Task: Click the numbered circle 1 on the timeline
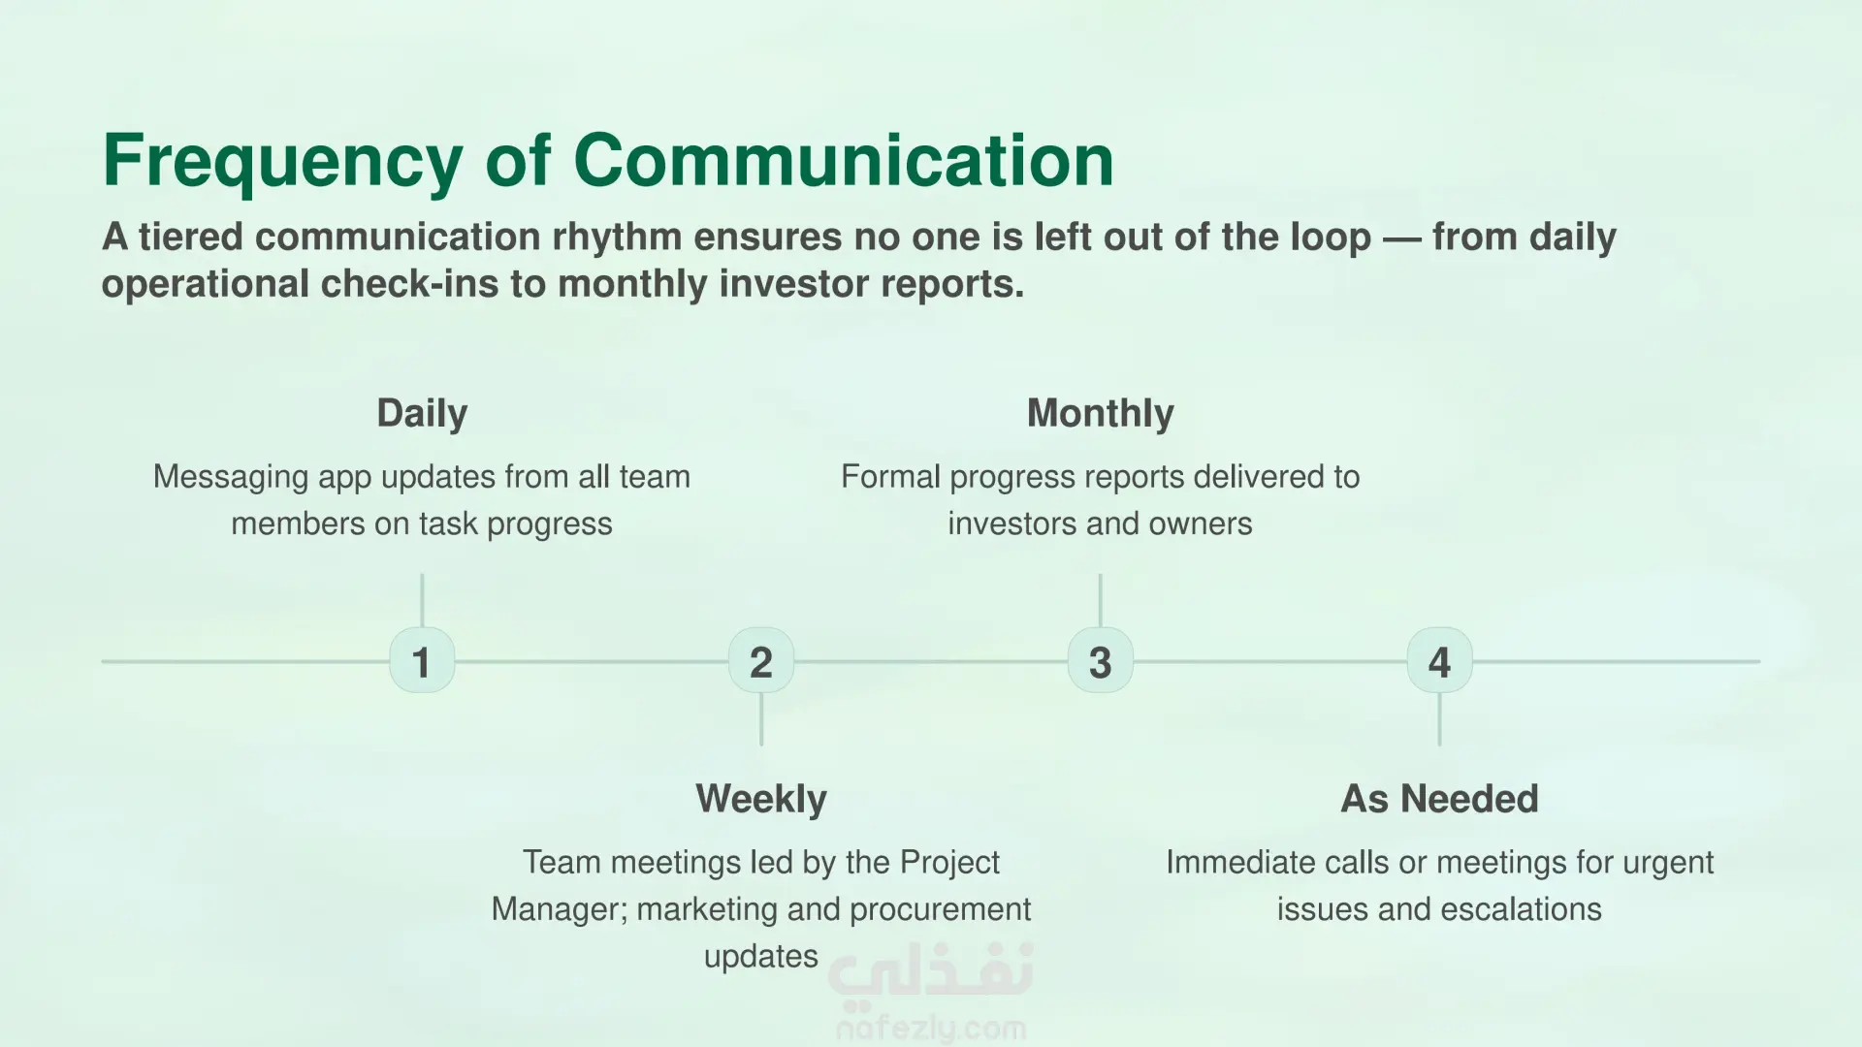(422, 660)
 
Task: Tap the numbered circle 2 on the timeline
(761, 660)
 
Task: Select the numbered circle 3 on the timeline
(1100, 660)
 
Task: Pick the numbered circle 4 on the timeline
(1439, 660)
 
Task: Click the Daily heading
(422, 414)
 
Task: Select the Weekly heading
(761, 799)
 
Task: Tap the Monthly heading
(1100, 414)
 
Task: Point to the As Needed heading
(1439, 799)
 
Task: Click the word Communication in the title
(844, 160)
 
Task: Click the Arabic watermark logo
(931, 970)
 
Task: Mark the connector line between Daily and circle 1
(422, 600)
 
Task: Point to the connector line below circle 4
(1439, 719)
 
